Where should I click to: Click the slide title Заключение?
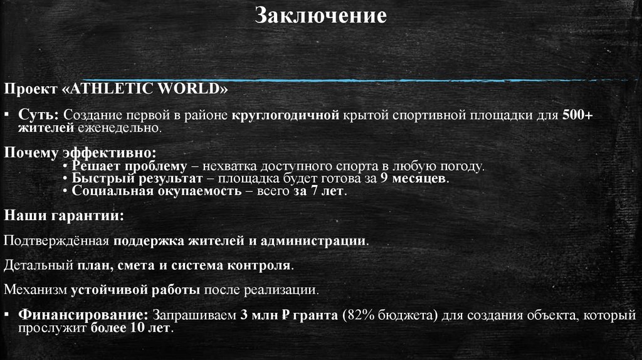tap(320, 15)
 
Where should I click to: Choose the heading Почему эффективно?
tap(80, 152)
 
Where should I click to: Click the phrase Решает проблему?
tap(130, 166)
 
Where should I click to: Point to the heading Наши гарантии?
tap(64, 216)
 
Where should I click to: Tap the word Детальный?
tap(38, 265)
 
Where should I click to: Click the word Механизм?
tap(35, 290)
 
